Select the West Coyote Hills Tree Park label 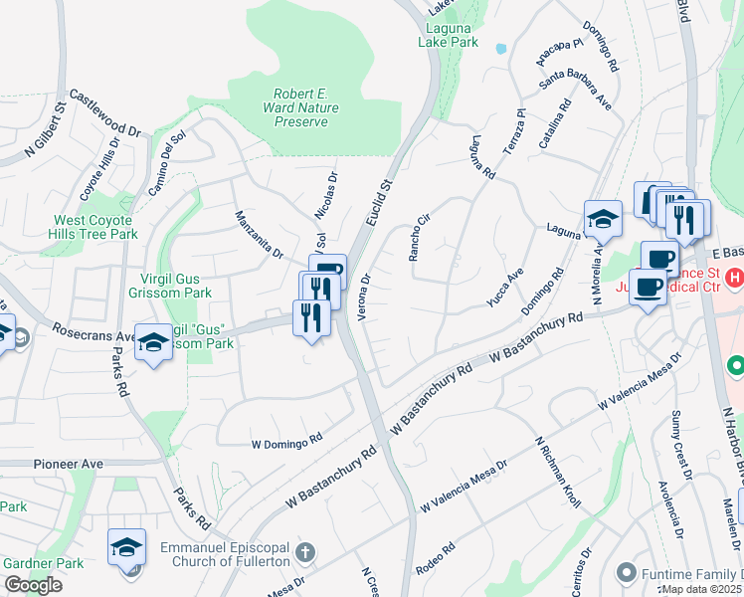point(95,227)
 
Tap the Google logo point(33,585)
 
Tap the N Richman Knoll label point(557,473)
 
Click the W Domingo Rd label point(287,438)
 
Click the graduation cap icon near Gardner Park point(127,547)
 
